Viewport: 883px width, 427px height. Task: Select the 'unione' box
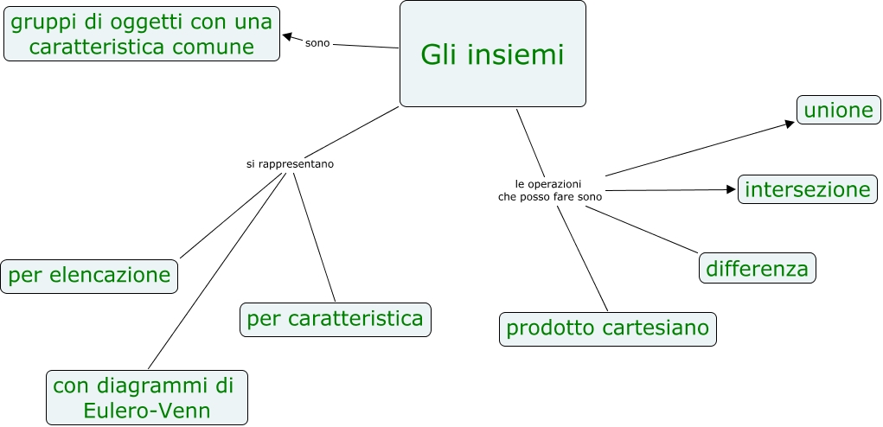(x=838, y=110)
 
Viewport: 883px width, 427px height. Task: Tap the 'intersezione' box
(x=807, y=189)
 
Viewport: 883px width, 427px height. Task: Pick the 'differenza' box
(x=757, y=268)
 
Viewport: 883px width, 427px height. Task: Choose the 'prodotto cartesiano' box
(x=607, y=328)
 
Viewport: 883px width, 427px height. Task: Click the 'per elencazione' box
(x=89, y=276)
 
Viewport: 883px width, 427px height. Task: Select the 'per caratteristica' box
(x=335, y=319)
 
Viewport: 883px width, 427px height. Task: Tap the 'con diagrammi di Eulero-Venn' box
(x=147, y=397)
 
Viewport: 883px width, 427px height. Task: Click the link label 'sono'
(x=317, y=42)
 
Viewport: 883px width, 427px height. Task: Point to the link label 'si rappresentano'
(x=290, y=163)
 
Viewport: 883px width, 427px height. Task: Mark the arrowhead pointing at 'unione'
(x=789, y=124)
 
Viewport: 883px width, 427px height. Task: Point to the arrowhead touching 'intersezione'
(x=729, y=189)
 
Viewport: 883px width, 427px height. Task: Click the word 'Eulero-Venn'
(x=147, y=410)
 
